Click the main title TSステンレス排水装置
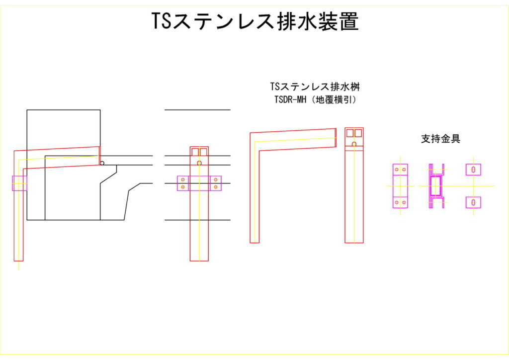254,21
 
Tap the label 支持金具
440,139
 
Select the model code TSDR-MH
290,99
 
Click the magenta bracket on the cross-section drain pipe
19,183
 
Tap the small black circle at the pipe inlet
102,163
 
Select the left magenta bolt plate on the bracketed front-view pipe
183,183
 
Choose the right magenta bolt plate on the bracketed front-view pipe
215,183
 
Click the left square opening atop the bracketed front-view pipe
195,152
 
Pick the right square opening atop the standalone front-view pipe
358,133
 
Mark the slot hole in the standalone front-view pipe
354,144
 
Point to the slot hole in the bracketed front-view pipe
199,163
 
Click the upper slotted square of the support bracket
473,170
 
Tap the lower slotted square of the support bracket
473,202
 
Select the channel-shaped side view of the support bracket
435,186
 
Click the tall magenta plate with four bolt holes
400,186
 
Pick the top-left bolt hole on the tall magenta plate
397,170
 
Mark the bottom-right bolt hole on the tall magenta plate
404,202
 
